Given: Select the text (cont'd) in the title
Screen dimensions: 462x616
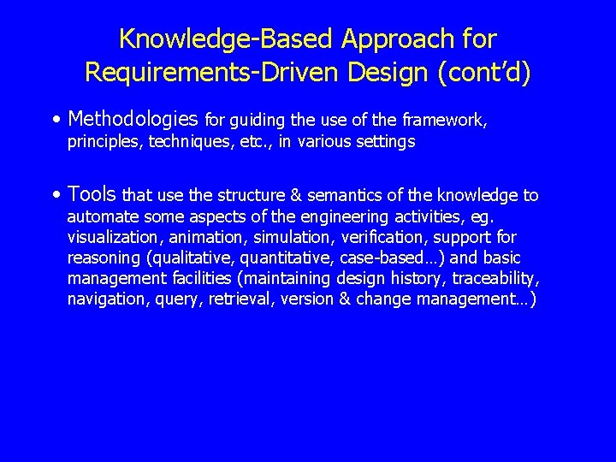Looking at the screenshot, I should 483,72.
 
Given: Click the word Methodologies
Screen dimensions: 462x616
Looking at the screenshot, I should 133,119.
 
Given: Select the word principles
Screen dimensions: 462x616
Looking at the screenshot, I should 104,142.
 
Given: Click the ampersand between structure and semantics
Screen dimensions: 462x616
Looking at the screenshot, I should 277,195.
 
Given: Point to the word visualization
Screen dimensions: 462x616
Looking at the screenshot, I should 113,237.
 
